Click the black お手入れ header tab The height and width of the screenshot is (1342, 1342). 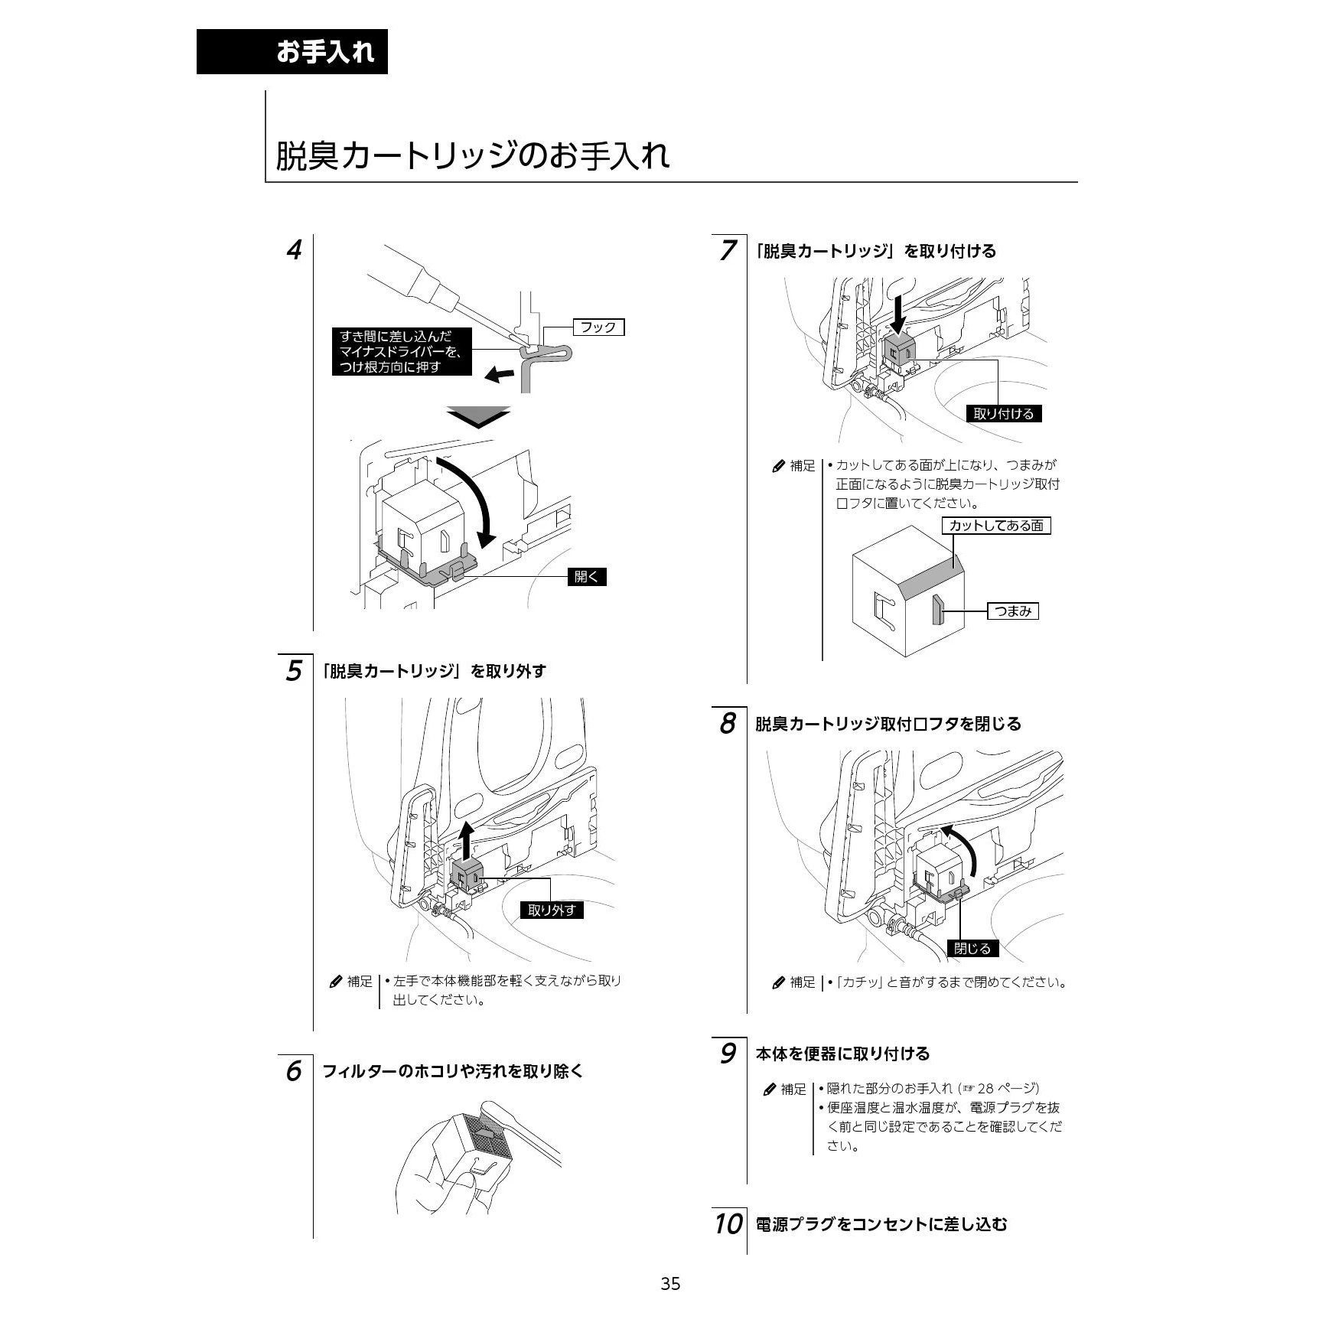292,51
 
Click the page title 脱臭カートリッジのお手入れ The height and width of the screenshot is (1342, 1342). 472,155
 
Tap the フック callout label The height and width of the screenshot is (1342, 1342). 598,327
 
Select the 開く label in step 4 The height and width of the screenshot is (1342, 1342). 587,577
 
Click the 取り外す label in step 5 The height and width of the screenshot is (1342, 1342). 552,910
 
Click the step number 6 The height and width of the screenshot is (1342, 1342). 293,1071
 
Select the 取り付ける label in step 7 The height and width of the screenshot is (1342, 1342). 1004,414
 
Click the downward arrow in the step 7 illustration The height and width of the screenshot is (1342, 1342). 898,315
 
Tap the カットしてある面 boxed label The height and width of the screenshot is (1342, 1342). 996,526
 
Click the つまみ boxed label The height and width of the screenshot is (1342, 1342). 1013,611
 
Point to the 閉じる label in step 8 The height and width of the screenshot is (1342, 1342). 972,949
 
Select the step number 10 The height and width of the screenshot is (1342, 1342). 728,1224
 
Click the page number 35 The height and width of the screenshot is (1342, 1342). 670,1284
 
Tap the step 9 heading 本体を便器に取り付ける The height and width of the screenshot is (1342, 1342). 842,1054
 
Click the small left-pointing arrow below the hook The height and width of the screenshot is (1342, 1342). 500,373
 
